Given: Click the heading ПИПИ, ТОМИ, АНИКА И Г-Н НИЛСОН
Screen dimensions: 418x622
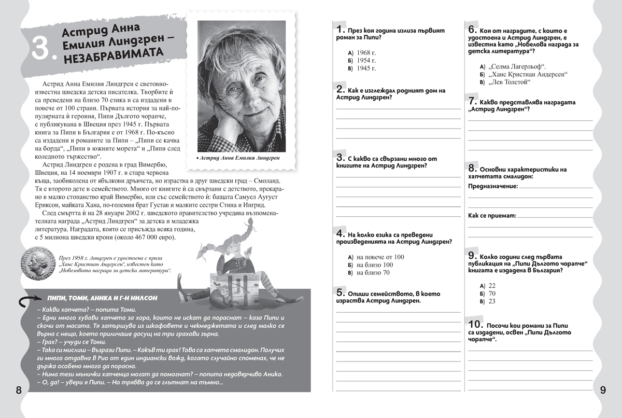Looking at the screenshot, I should [x=102, y=298].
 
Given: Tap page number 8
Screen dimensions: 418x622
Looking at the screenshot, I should [x=18, y=390].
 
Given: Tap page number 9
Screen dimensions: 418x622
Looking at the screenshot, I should [x=603, y=390].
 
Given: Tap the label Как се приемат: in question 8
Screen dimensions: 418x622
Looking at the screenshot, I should [x=491, y=215].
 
